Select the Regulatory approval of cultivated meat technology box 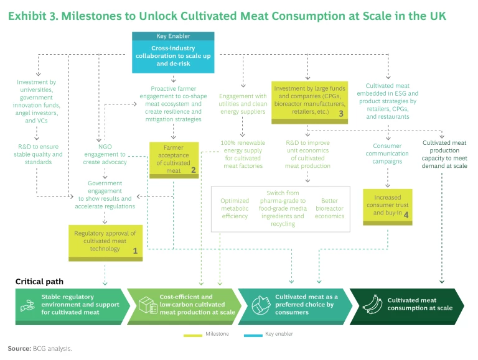pyautogui.click(x=105, y=242)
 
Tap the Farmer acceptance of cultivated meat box pyautogui.click(x=173, y=158)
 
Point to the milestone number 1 pyautogui.click(x=134, y=251)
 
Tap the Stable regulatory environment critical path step pyautogui.click(x=72, y=304)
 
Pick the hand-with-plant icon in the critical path pyautogui.click(x=27, y=304)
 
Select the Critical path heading pyautogui.click(x=39, y=282)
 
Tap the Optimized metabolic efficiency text pyautogui.click(x=234, y=208)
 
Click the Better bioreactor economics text pyautogui.click(x=330, y=208)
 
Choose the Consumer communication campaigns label pyautogui.click(x=387, y=154)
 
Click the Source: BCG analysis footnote pyautogui.click(x=40, y=348)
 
